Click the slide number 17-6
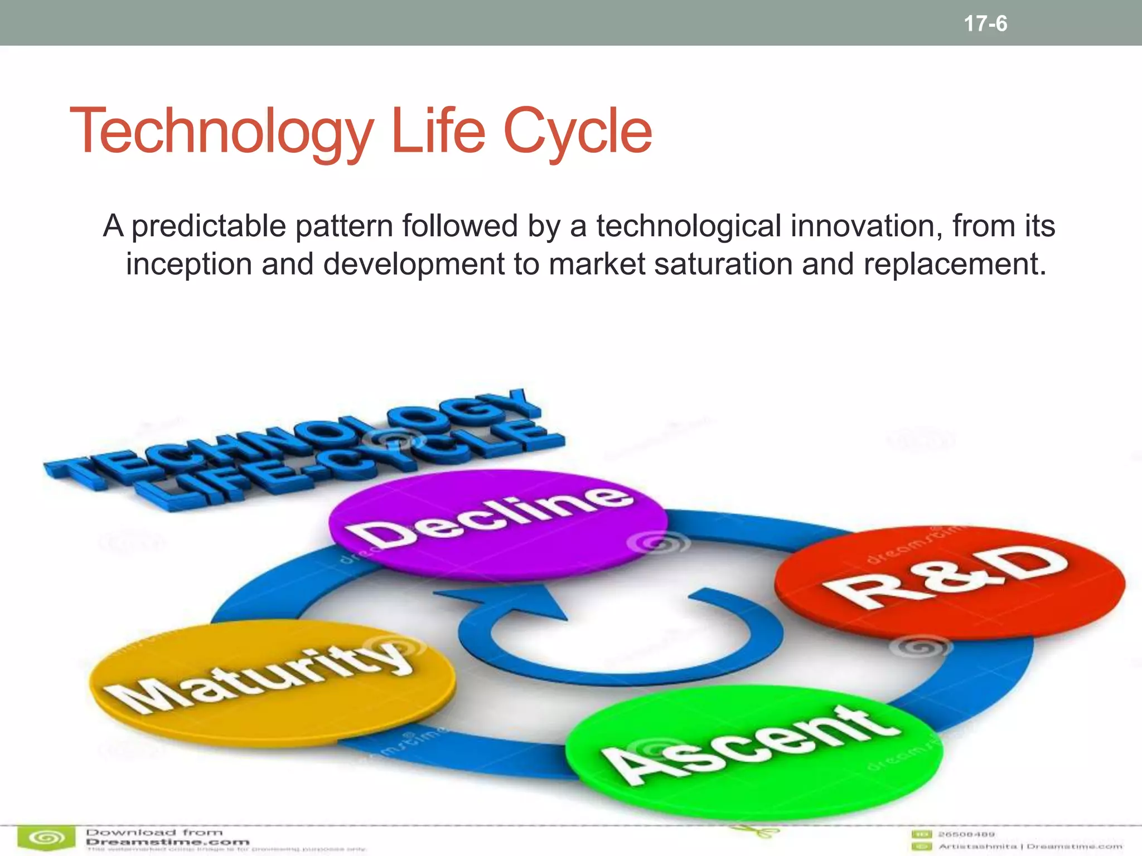tap(985, 23)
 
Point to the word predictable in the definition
tap(208, 226)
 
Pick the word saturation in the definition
tap(723, 264)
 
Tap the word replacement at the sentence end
tap(955, 264)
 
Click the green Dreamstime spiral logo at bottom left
tap(46, 838)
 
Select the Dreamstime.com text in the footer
tap(167, 842)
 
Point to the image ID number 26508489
tap(966, 834)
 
